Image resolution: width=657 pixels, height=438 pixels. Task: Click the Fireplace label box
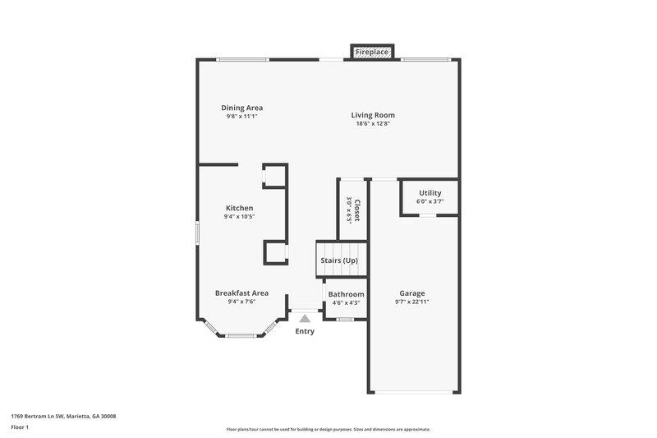(x=371, y=53)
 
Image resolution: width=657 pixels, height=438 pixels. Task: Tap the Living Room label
(x=373, y=115)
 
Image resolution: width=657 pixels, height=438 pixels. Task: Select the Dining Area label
(x=241, y=108)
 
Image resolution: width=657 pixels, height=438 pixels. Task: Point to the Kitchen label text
(x=239, y=208)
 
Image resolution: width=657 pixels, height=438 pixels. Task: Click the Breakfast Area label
(x=241, y=293)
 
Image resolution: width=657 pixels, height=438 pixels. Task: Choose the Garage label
(x=411, y=293)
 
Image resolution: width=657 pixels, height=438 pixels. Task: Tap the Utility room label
(x=430, y=193)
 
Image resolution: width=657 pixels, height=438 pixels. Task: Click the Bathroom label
(x=346, y=294)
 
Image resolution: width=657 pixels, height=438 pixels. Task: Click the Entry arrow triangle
(x=305, y=317)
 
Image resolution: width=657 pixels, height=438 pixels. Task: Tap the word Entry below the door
(x=305, y=331)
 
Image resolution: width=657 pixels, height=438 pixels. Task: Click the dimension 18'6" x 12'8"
(x=372, y=124)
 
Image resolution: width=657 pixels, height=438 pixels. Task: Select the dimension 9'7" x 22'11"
(x=411, y=302)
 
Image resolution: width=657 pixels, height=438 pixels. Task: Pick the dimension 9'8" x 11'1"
(x=241, y=117)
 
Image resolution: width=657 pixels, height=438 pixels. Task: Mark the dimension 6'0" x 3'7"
(x=430, y=201)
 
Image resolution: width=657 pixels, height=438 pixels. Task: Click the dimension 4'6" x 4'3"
(x=346, y=302)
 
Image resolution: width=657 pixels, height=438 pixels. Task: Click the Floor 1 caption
(x=20, y=428)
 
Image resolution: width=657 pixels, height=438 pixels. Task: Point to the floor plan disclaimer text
(x=328, y=429)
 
